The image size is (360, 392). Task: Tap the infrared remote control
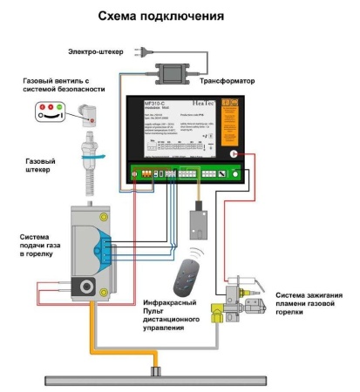click(x=185, y=278)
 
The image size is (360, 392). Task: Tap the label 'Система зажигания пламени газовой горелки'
click(x=309, y=303)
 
